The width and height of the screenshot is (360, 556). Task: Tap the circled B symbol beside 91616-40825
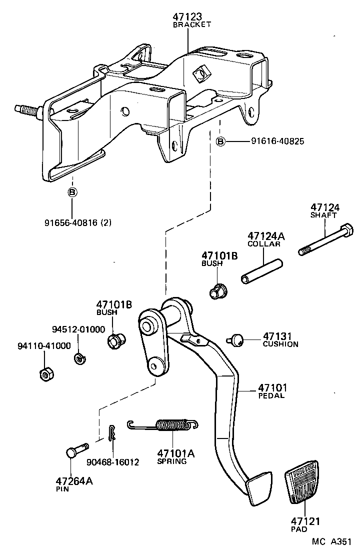220,142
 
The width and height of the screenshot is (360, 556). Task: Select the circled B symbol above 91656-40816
72,192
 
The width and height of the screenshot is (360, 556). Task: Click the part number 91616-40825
277,142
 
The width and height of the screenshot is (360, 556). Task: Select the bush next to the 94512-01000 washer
116,341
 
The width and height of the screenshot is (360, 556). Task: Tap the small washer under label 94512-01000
78,358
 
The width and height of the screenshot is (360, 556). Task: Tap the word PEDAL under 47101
271,396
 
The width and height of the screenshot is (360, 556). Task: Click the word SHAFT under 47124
324,215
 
